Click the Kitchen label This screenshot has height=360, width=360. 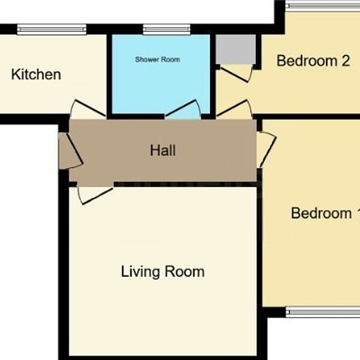[x=36, y=75]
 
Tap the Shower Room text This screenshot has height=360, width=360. [x=157, y=60]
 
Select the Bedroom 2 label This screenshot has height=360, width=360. [x=313, y=61]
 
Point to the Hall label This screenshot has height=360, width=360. [x=163, y=151]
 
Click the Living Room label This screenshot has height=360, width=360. [x=162, y=272]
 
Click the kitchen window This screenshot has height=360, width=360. [x=52, y=29]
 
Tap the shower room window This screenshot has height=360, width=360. [x=167, y=29]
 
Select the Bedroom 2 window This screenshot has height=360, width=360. [x=323, y=5]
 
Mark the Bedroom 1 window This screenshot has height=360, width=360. [x=323, y=312]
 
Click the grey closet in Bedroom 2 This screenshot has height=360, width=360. [x=236, y=49]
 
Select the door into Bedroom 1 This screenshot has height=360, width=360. [x=267, y=149]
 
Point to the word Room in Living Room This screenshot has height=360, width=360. [x=185, y=272]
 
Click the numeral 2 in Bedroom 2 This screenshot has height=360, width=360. [x=346, y=61]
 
